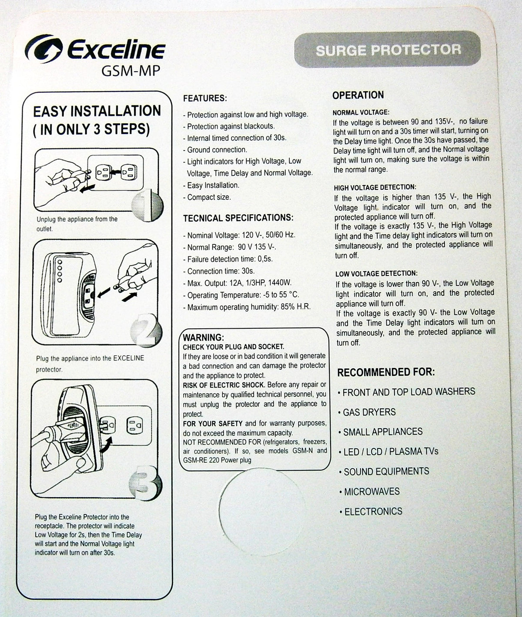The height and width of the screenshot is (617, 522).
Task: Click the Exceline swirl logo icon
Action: [x=44, y=48]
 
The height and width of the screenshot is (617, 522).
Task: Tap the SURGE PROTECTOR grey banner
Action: [x=388, y=50]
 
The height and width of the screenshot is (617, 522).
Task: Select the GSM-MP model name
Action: [x=131, y=71]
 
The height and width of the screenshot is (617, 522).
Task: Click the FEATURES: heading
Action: [x=205, y=98]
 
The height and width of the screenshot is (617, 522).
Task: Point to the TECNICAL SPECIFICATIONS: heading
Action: [x=238, y=218]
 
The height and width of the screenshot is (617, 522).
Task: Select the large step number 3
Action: [x=146, y=483]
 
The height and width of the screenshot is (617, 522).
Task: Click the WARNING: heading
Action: [x=203, y=337]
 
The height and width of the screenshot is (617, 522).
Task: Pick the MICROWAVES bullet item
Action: [x=370, y=492]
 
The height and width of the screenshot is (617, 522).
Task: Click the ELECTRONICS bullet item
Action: [x=371, y=512]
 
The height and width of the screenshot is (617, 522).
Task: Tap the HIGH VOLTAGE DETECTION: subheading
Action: [x=375, y=188]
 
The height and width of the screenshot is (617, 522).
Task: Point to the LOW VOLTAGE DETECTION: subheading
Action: [x=376, y=273]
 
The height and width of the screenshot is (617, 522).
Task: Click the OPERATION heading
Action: [x=358, y=95]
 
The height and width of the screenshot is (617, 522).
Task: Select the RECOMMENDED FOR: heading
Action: [x=386, y=372]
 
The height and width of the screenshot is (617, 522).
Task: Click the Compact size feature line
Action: [x=207, y=197]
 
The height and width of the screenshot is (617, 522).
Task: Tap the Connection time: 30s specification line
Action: [x=219, y=271]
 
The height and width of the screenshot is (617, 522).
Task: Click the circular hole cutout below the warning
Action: [x=262, y=511]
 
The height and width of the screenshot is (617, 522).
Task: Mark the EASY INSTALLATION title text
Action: [x=97, y=111]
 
